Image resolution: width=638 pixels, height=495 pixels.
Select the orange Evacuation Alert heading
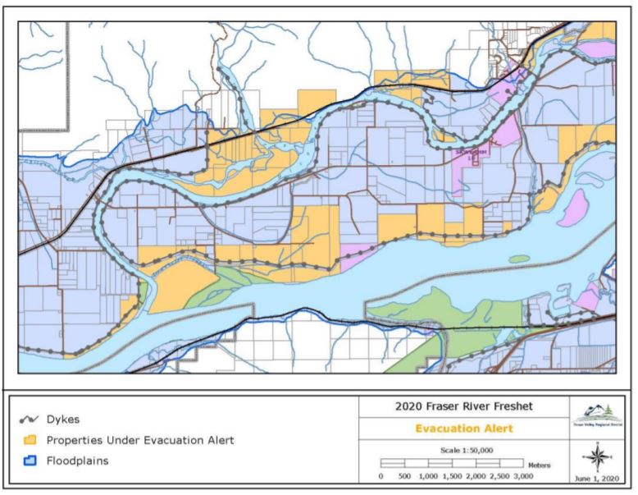pos(463,429)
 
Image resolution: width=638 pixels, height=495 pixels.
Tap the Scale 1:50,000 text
pos(463,451)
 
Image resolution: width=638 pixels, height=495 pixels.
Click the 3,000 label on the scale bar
pos(535,476)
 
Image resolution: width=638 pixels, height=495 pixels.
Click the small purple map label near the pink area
pos(471,152)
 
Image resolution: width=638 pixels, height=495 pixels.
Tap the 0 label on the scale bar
pos(382,476)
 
